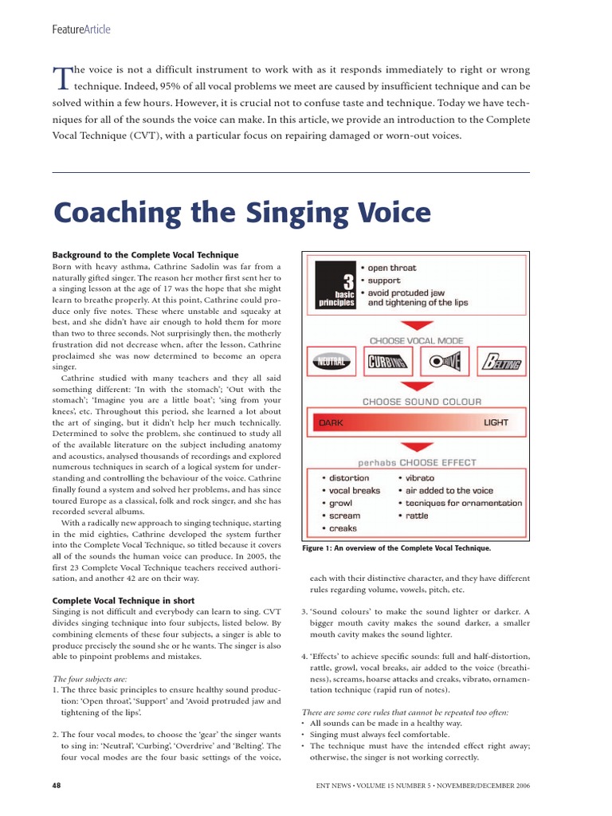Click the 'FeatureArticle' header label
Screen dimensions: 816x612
(x=81, y=29)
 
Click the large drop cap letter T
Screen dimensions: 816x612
(x=61, y=76)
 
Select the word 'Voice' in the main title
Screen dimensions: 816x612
(x=387, y=214)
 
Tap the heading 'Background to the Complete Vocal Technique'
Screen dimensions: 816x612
(x=145, y=254)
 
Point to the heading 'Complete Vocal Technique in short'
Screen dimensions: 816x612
(x=124, y=599)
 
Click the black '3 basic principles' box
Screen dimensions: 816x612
(x=335, y=284)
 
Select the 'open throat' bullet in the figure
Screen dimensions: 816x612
(x=392, y=268)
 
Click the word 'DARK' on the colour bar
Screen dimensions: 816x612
(x=331, y=423)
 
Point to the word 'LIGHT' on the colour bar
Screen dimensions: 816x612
(x=495, y=422)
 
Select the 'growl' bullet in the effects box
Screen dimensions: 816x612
(x=340, y=504)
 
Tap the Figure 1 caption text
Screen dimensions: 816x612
(x=396, y=548)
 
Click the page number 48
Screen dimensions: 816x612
(x=57, y=785)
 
